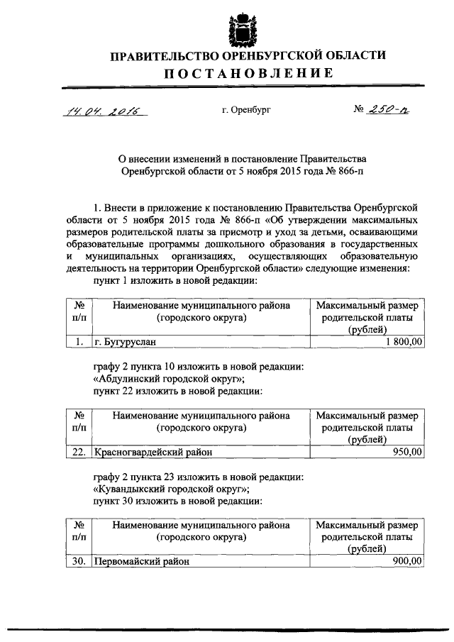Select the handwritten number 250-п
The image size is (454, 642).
click(387, 110)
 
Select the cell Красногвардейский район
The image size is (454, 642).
click(153, 451)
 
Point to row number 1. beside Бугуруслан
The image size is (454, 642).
click(79, 342)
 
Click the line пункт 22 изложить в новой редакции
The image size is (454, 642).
click(177, 390)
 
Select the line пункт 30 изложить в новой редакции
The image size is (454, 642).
click(177, 500)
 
